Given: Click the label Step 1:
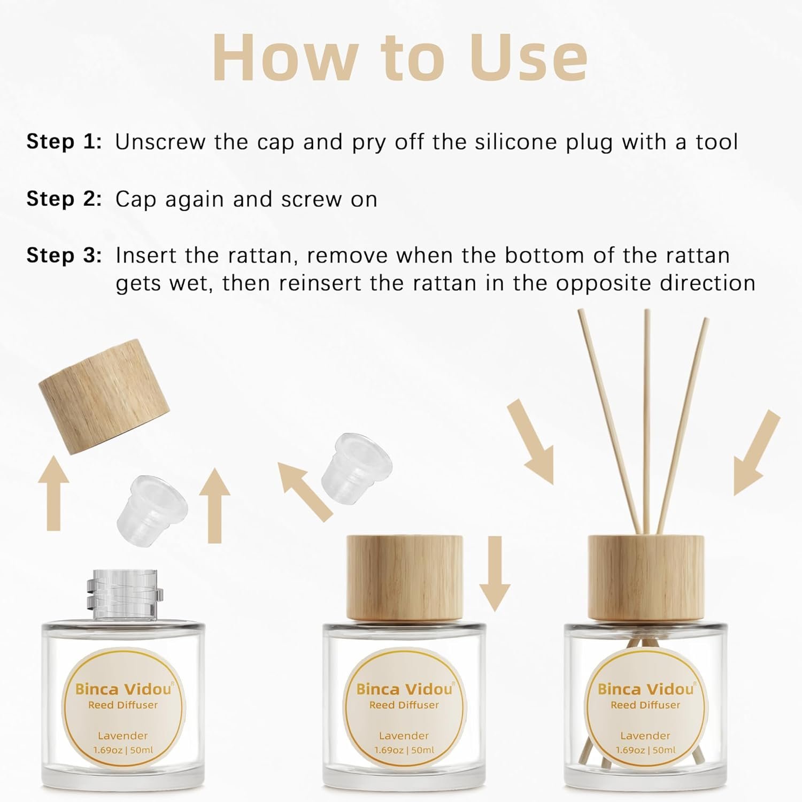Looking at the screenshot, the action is [x=64, y=142].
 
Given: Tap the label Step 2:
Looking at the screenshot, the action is [x=64, y=199].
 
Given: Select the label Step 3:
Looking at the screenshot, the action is [x=64, y=256].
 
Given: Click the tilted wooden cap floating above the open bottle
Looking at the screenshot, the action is [x=104, y=396].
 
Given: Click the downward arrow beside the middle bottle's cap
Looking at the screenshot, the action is [x=495, y=574].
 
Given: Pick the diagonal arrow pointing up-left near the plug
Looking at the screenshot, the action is [x=305, y=491].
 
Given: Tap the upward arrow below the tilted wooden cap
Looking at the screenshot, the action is [x=53, y=493].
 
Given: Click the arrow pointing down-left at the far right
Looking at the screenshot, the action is [x=757, y=452].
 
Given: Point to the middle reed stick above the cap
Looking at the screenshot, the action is [x=647, y=422].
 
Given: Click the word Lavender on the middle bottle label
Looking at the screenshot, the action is [x=404, y=736].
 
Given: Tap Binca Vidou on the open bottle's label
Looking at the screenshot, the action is [x=124, y=689].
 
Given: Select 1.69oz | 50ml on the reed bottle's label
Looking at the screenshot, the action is [x=646, y=750].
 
